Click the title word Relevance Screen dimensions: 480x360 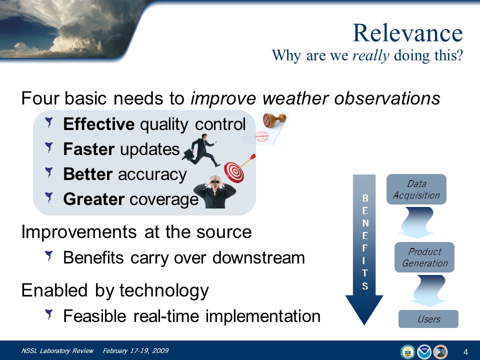(x=408, y=33)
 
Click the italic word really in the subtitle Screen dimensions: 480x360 (x=370, y=55)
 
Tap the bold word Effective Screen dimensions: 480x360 (x=98, y=124)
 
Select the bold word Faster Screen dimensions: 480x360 (x=89, y=149)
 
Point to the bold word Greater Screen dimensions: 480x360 (x=93, y=199)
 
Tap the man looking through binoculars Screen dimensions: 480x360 (x=215, y=192)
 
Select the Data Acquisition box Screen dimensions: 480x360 (x=416, y=189)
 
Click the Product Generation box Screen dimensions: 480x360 (x=424, y=257)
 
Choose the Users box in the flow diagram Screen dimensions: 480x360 (x=428, y=319)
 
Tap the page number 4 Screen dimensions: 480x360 (x=465, y=352)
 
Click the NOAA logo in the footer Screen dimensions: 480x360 (x=424, y=351)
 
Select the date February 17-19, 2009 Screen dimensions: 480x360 (x=135, y=351)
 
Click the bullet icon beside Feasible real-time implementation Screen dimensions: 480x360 (x=49, y=314)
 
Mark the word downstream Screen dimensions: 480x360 (x=258, y=258)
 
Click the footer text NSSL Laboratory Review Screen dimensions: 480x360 (x=57, y=351)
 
